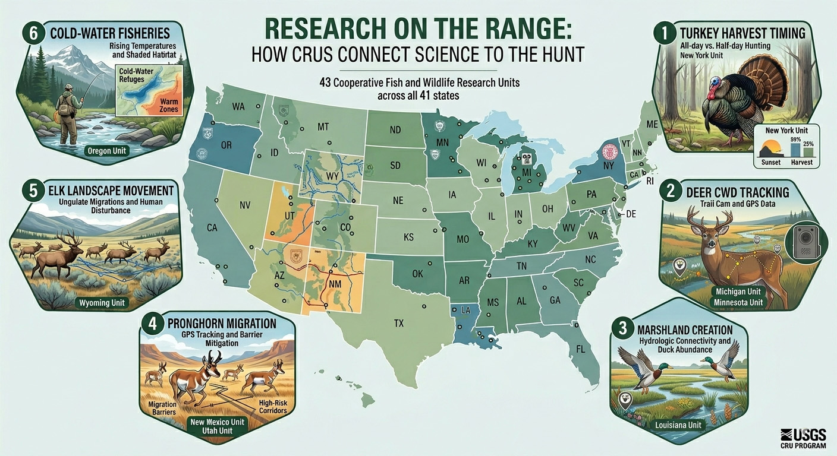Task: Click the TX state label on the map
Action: click(x=398, y=324)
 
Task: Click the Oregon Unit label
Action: click(x=107, y=151)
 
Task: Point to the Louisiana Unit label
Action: click(x=678, y=425)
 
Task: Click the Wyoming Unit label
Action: click(x=102, y=303)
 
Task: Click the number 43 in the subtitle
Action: click(x=325, y=83)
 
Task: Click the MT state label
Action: click(x=323, y=126)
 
